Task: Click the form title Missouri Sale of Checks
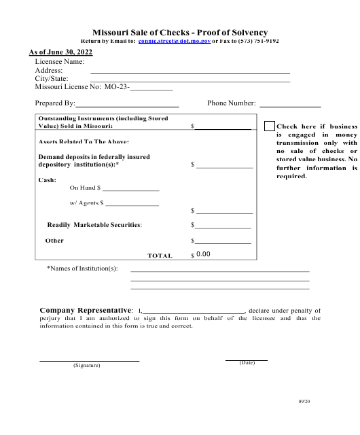[x=179, y=32]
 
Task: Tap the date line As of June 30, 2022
[x=60, y=52]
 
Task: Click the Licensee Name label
[x=60, y=61]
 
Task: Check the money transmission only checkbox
[x=270, y=126]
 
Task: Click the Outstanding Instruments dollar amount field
[x=223, y=126]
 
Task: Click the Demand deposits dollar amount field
[x=224, y=164]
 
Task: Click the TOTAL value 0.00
[x=203, y=254]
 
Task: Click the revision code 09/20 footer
[x=304, y=402]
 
